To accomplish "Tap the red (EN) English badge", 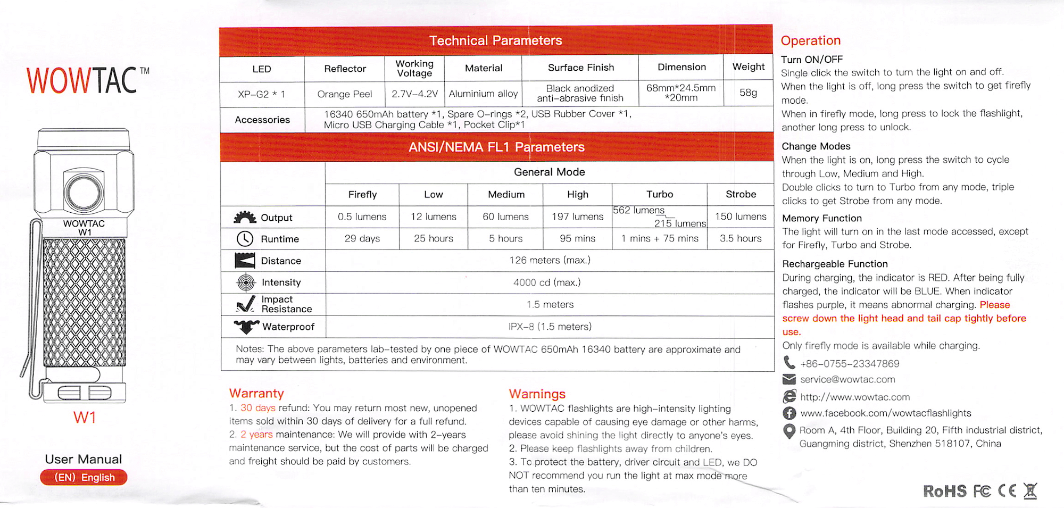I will point(84,477).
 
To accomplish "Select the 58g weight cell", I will point(748,93).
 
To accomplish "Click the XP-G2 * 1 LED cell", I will point(261,94).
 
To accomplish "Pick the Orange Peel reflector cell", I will point(345,94).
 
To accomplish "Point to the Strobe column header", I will point(741,194).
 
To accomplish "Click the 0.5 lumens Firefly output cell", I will point(362,217).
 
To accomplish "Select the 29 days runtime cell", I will point(362,238).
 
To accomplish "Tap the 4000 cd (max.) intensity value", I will point(547,282).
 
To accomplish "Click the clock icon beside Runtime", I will point(245,239).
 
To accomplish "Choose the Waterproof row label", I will point(288,327).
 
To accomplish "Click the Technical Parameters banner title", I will point(495,40).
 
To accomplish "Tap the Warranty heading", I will point(256,393).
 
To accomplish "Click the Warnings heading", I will point(537,394).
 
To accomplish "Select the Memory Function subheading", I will point(822,218).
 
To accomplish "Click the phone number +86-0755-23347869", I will point(850,364).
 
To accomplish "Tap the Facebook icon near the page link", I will point(789,413).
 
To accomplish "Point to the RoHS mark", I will point(944,491).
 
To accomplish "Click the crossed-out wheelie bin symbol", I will point(1030,491).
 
